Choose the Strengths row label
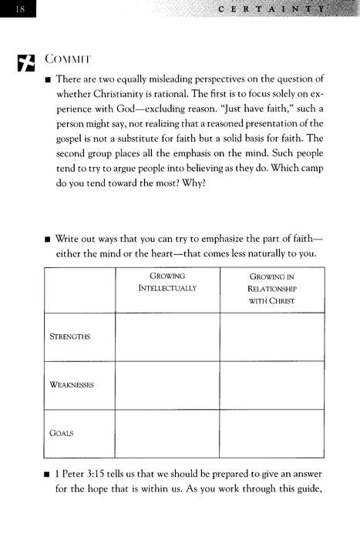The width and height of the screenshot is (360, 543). tap(70, 336)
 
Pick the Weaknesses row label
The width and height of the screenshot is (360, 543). tap(72, 384)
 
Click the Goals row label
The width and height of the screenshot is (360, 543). tap(62, 433)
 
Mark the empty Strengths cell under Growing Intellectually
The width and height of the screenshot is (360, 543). tap(167, 336)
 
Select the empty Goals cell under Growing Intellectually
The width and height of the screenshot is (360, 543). tap(167, 433)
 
